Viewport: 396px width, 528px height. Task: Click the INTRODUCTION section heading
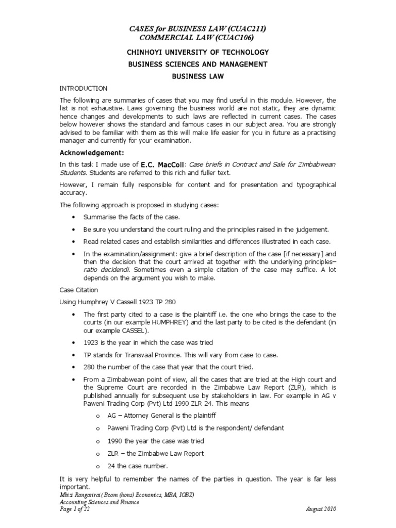(84, 89)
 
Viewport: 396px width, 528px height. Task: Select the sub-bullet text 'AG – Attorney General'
(144, 415)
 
